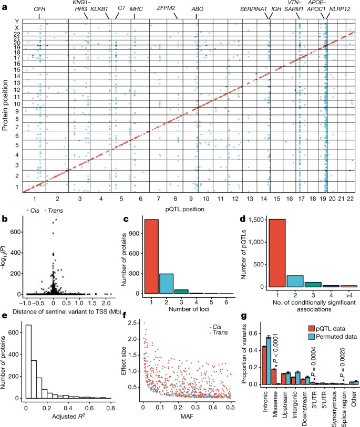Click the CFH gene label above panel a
point(39,9)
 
